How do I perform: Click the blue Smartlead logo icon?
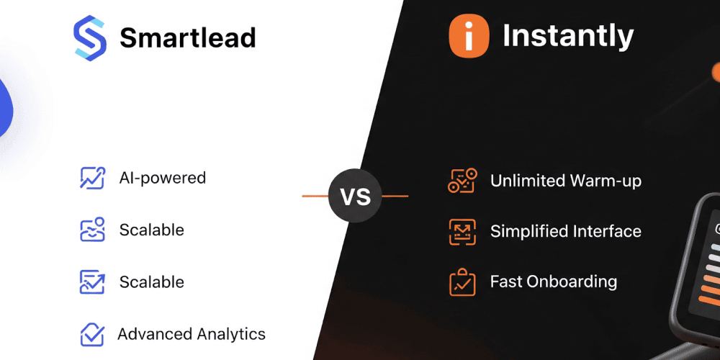click(x=89, y=37)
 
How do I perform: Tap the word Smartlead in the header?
click(x=187, y=37)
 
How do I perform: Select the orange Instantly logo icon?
click(x=469, y=36)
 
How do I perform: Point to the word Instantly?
click(x=568, y=36)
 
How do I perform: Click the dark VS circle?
click(x=355, y=196)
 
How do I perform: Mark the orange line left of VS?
click(x=315, y=196)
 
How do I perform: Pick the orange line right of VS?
click(x=395, y=196)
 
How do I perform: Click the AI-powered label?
click(x=162, y=178)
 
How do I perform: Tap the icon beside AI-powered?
click(x=92, y=178)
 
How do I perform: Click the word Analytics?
click(x=229, y=334)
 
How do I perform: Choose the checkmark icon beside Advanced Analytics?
click(x=92, y=335)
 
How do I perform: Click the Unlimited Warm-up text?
click(x=565, y=181)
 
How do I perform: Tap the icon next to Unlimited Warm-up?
click(x=462, y=181)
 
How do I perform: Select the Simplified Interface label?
click(x=565, y=231)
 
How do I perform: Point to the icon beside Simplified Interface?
click(x=462, y=231)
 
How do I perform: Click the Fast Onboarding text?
click(x=553, y=282)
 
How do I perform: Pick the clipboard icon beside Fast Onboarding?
click(x=462, y=282)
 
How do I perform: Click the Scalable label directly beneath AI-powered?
click(x=151, y=230)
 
